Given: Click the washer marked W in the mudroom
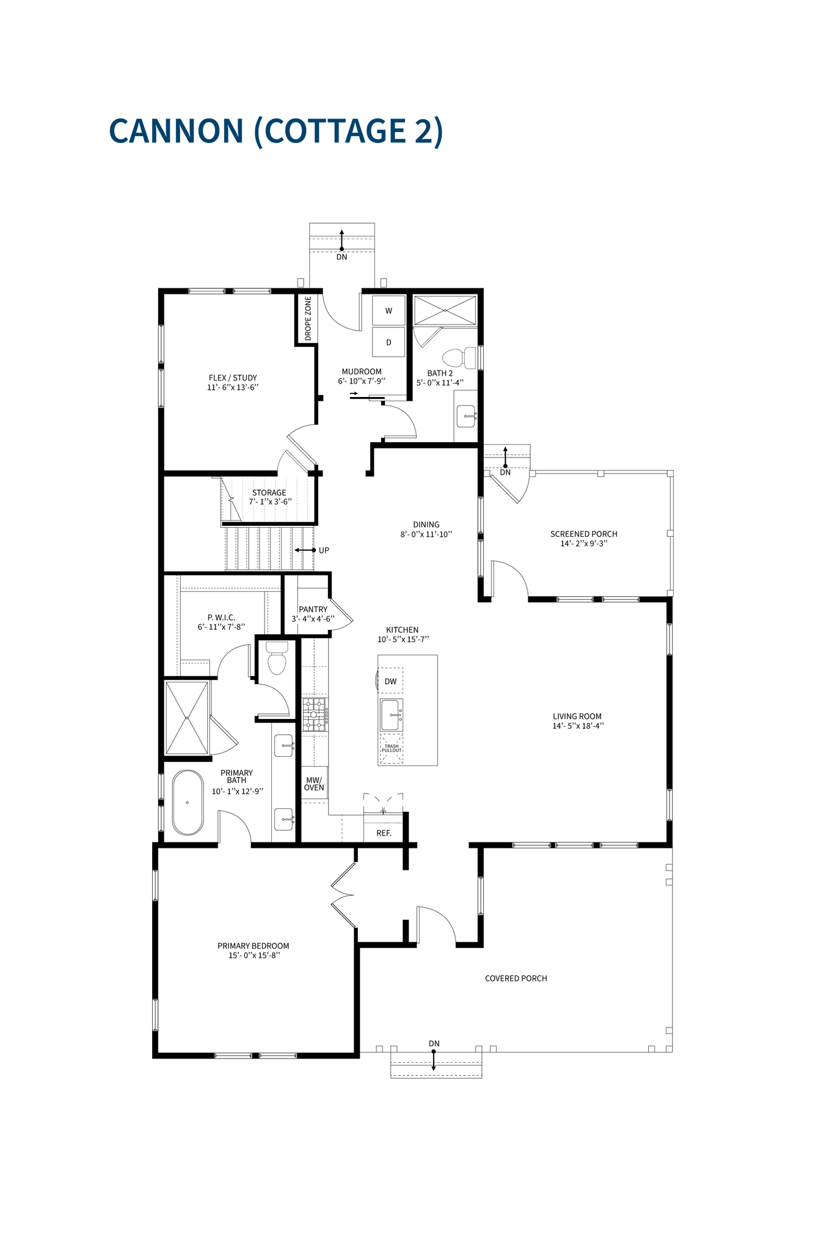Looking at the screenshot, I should [389, 311].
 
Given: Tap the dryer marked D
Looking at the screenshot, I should [389, 343].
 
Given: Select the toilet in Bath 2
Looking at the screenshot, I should [459, 357].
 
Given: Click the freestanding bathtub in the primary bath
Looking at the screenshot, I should [188, 802].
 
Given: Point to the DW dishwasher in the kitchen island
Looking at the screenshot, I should [391, 681].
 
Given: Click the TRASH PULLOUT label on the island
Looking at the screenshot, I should [392, 748].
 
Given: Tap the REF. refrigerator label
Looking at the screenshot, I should [384, 833].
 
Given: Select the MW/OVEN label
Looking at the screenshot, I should [314, 784].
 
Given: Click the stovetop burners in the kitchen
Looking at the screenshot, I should [315, 715].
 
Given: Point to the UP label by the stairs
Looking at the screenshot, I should [324, 550].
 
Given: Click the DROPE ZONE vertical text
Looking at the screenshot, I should [308, 318].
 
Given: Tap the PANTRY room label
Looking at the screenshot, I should [313, 609].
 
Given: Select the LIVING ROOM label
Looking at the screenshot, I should [577, 717].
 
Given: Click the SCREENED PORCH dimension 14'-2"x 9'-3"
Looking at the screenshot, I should [583, 543].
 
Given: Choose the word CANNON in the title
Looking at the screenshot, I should [177, 131].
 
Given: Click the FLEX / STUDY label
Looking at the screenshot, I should [233, 377].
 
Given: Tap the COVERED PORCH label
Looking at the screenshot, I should [516, 979].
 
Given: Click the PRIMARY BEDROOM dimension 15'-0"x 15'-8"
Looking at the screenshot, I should [254, 955].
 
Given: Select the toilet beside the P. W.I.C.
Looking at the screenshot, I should [277, 658].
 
